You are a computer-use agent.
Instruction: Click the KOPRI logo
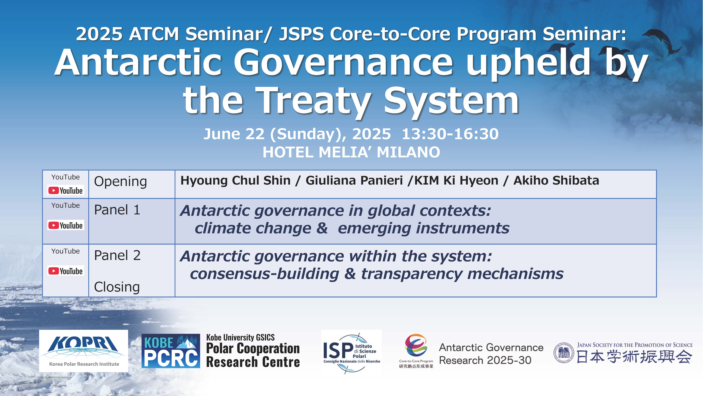pos(83,351)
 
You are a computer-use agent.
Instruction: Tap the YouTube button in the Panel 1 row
pos(66,225)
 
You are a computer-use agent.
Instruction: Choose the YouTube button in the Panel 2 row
pos(66,271)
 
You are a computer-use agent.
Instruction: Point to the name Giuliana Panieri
pos(354,181)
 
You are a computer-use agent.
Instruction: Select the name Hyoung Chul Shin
pos(236,181)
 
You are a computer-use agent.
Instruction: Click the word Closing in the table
pos(117,287)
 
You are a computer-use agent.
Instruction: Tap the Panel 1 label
pos(117,210)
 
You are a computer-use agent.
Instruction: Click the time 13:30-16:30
pos(450,134)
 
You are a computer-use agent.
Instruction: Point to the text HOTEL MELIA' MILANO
pos(351,152)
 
